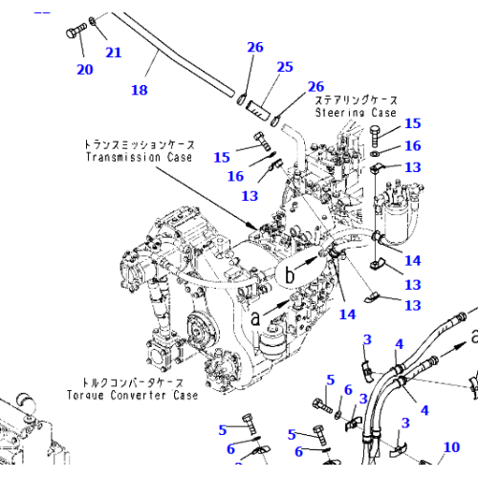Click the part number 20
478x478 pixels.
pos(85,69)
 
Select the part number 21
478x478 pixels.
pos(113,53)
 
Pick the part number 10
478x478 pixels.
pos(451,446)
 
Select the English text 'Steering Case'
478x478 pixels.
pos(355,111)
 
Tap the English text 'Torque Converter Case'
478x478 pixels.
pos(133,395)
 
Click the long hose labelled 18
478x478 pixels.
pos(172,48)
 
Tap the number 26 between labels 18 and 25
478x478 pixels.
pos(254,48)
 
